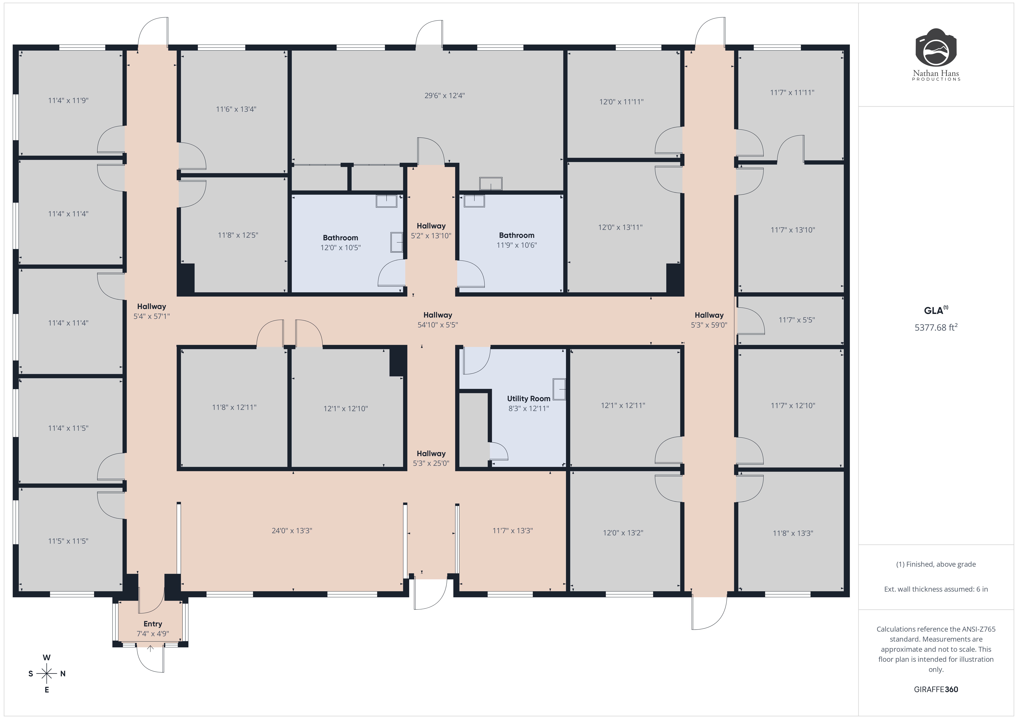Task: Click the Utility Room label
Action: tap(528, 399)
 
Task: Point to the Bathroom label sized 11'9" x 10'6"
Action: tap(517, 235)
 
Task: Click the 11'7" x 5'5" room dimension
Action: tap(797, 320)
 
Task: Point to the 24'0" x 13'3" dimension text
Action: tap(292, 531)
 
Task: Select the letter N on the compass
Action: tap(63, 674)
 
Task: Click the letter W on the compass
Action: tap(47, 657)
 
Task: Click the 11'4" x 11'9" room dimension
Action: tap(68, 101)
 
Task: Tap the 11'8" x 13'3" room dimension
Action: tap(793, 533)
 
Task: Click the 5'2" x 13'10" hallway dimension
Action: tap(431, 236)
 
